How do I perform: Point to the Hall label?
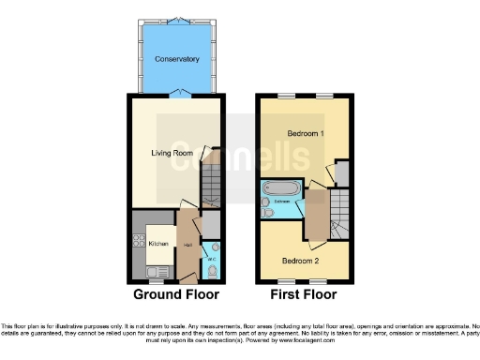coord(188,245)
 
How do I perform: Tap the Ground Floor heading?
coord(175,294)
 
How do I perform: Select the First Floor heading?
coord(304,294)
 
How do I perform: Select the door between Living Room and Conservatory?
coord(177,93)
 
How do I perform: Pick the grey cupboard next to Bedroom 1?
coord(341,173)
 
